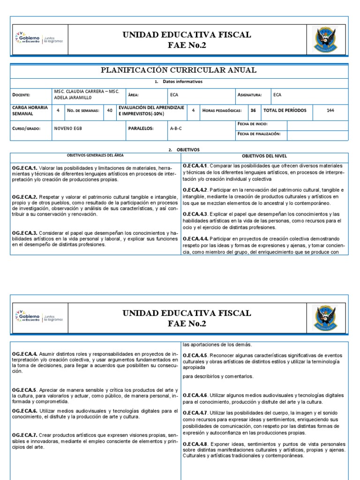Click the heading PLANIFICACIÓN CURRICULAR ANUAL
tap(180, 70)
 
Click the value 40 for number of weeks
tap(109, 111)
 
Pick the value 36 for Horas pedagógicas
tap(253, 111)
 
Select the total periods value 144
tap(330, 111)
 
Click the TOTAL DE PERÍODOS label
tap(285, 111)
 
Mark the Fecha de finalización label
tap(259, 134)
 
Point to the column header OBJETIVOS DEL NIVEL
tap(264, 156)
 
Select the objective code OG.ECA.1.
tap(25, 168)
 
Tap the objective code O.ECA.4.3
tap(195, 214)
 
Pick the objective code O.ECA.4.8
tap(195, 444)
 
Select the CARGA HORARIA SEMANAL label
tap(30, 111)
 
